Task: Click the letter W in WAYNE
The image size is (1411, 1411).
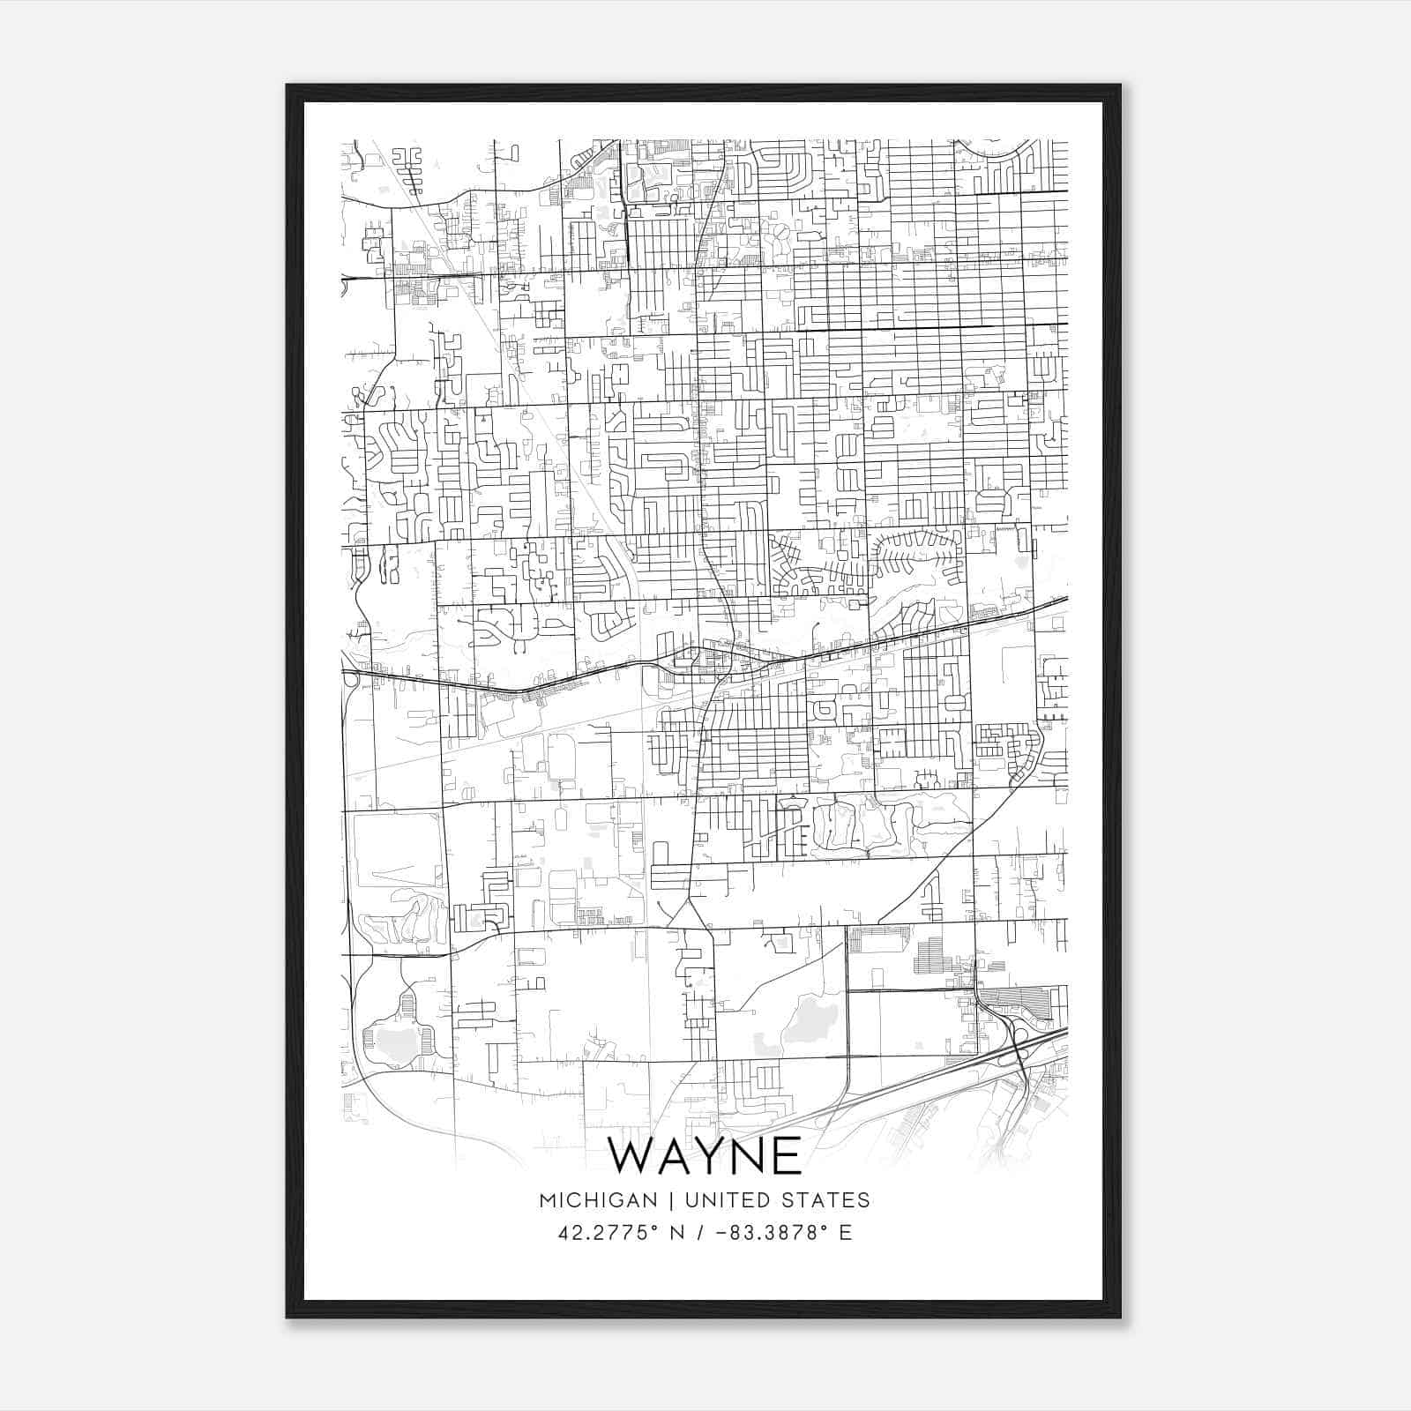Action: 637,1155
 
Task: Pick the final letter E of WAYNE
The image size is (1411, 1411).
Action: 787,1155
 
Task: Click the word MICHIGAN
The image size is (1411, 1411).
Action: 598,1200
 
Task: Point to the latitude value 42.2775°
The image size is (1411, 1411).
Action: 608,1232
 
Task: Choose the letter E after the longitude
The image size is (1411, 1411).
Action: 846,1232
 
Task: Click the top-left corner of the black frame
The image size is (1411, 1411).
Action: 287,86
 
